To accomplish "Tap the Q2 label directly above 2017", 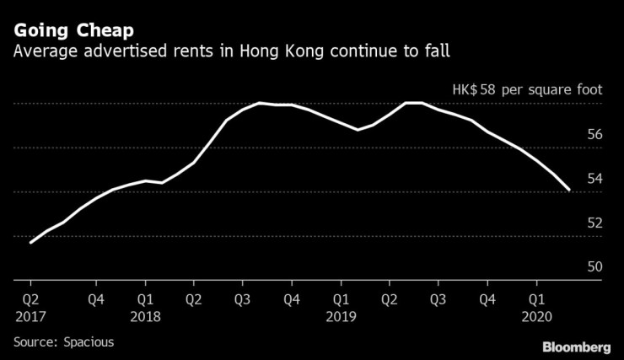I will click(30, 298).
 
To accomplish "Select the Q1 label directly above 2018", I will click(146, 298).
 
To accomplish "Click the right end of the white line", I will click(571, 191).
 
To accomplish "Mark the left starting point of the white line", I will click(30, 243).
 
